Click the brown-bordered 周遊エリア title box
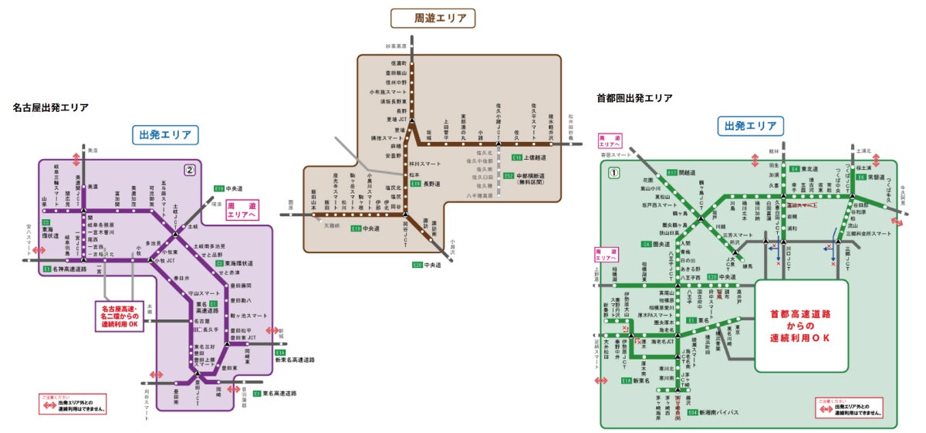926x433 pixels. pyautogui.click(x=432, y=19)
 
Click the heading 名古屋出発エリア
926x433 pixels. pyautogui.click(x=50, y=107)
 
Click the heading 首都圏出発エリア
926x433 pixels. pyautogui.click(x=634, y=98)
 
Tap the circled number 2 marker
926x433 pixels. pyautogui.click(x=188, y=170)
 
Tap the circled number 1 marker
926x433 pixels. pyautogui.click(x=613, y=173)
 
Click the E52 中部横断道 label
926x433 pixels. pyautogui.click(x=525, y=179)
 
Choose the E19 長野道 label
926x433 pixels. pyautogui.click(x=425, y=184)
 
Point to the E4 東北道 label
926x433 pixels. pyautogui.click(x=804, y=167)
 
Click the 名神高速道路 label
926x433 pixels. pyautogui.click(x=66, y=269)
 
